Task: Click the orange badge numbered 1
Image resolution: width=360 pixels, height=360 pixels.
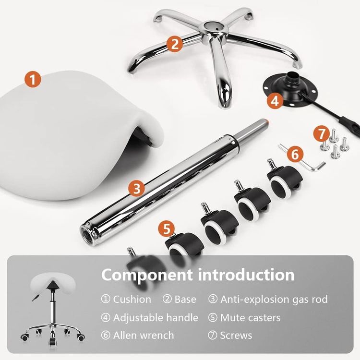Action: coord(33,79)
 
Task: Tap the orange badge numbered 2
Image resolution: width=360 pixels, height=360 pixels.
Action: coord(175,44)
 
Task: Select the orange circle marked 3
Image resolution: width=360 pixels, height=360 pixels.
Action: coord(137,189)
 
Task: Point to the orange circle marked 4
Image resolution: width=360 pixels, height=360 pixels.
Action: coord(275,101)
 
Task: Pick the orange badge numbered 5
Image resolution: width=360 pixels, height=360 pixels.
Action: coord(167,229)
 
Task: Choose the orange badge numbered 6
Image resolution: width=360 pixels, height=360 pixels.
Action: coord(295,154)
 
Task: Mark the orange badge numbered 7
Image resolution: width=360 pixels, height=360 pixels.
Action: coord(322,133)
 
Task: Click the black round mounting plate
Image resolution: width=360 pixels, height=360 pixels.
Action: coord(290,91)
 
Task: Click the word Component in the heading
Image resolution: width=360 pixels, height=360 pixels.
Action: coord(147,275)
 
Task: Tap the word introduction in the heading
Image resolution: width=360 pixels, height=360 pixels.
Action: coord(246,275)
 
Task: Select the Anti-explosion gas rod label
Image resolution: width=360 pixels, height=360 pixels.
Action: coord(274,300)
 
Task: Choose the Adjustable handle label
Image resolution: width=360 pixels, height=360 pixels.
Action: coord(156,318)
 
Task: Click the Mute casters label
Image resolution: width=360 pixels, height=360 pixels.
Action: coord(250,318)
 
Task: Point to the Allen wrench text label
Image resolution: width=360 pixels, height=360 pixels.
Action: coord(144,336)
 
